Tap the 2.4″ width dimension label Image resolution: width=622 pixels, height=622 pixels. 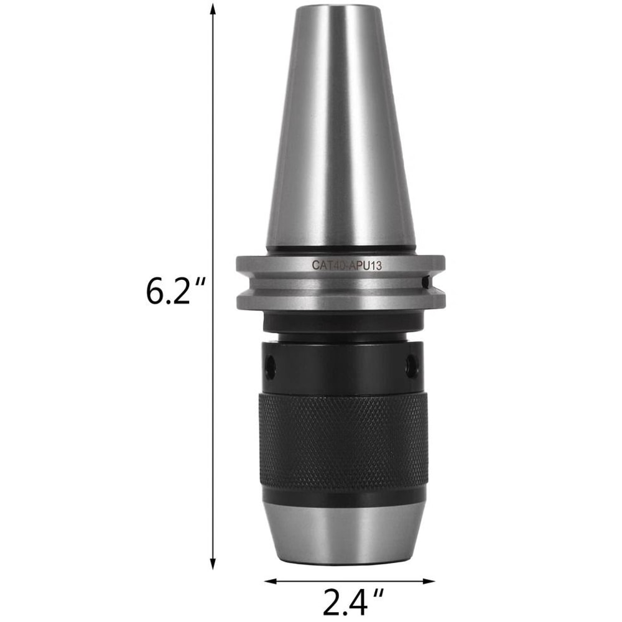click(351, 601)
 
